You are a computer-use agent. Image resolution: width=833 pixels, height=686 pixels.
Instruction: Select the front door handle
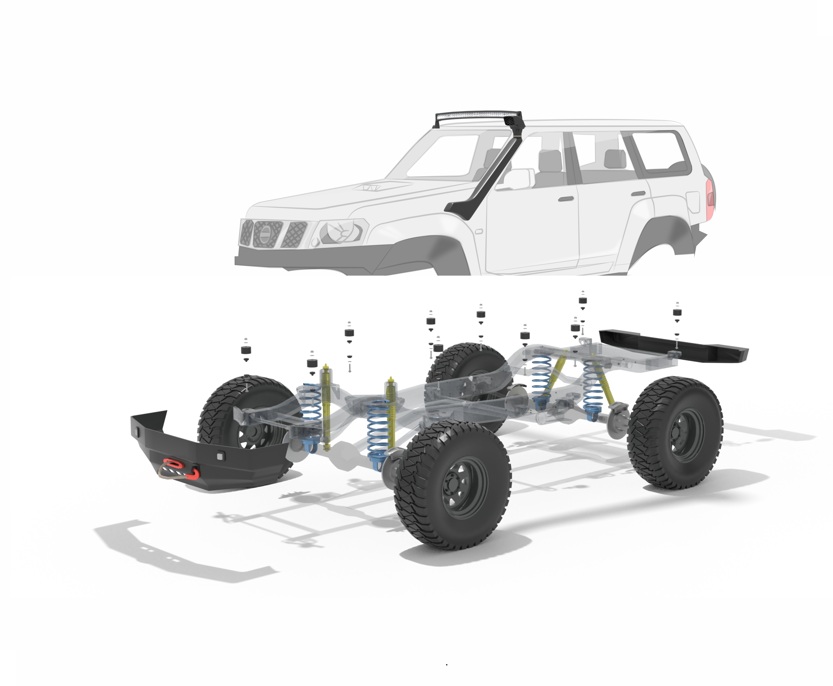pyautogui.click(x=566, y=199)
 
